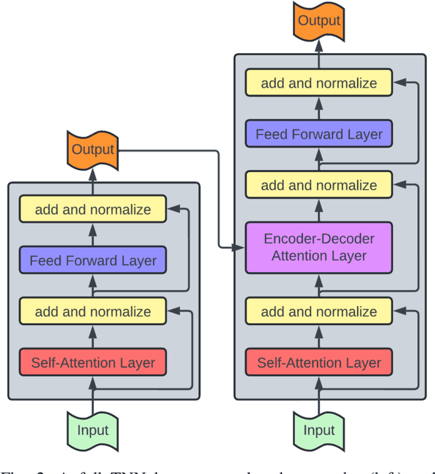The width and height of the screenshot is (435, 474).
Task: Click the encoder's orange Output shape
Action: click(x=93, y=150)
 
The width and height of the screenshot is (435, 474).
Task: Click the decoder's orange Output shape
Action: click(x=319, y=21)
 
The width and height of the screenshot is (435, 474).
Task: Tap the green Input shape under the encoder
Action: click(x=93, y=430)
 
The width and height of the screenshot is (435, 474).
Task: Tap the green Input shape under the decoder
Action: click(x=319, y=430)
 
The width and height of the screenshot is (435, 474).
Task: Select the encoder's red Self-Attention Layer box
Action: click(x=93, y=362)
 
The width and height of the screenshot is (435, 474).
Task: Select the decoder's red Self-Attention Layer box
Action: click(x=319, y=362)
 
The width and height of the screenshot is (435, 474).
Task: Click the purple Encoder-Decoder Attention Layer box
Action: click(x=319, y=247)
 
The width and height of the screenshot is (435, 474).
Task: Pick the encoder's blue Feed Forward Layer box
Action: click(x=93, y=260)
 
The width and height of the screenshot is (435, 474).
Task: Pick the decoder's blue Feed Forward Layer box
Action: click(x=319, y=134)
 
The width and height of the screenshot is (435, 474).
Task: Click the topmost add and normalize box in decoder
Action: click(x=319, y=84)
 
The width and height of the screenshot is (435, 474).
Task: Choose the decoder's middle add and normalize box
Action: click(x=319, y=185)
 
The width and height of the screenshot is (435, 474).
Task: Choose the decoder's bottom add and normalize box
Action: click(x=319, y=312)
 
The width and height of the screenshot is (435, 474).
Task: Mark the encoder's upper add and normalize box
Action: click(x=93, y=209)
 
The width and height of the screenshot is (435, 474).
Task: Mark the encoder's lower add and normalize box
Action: click(x=93, y=312)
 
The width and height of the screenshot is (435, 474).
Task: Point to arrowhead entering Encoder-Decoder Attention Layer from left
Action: click(x=240, y=247)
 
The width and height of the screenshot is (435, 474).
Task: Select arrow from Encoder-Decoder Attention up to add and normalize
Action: click(x=319, y=209)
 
